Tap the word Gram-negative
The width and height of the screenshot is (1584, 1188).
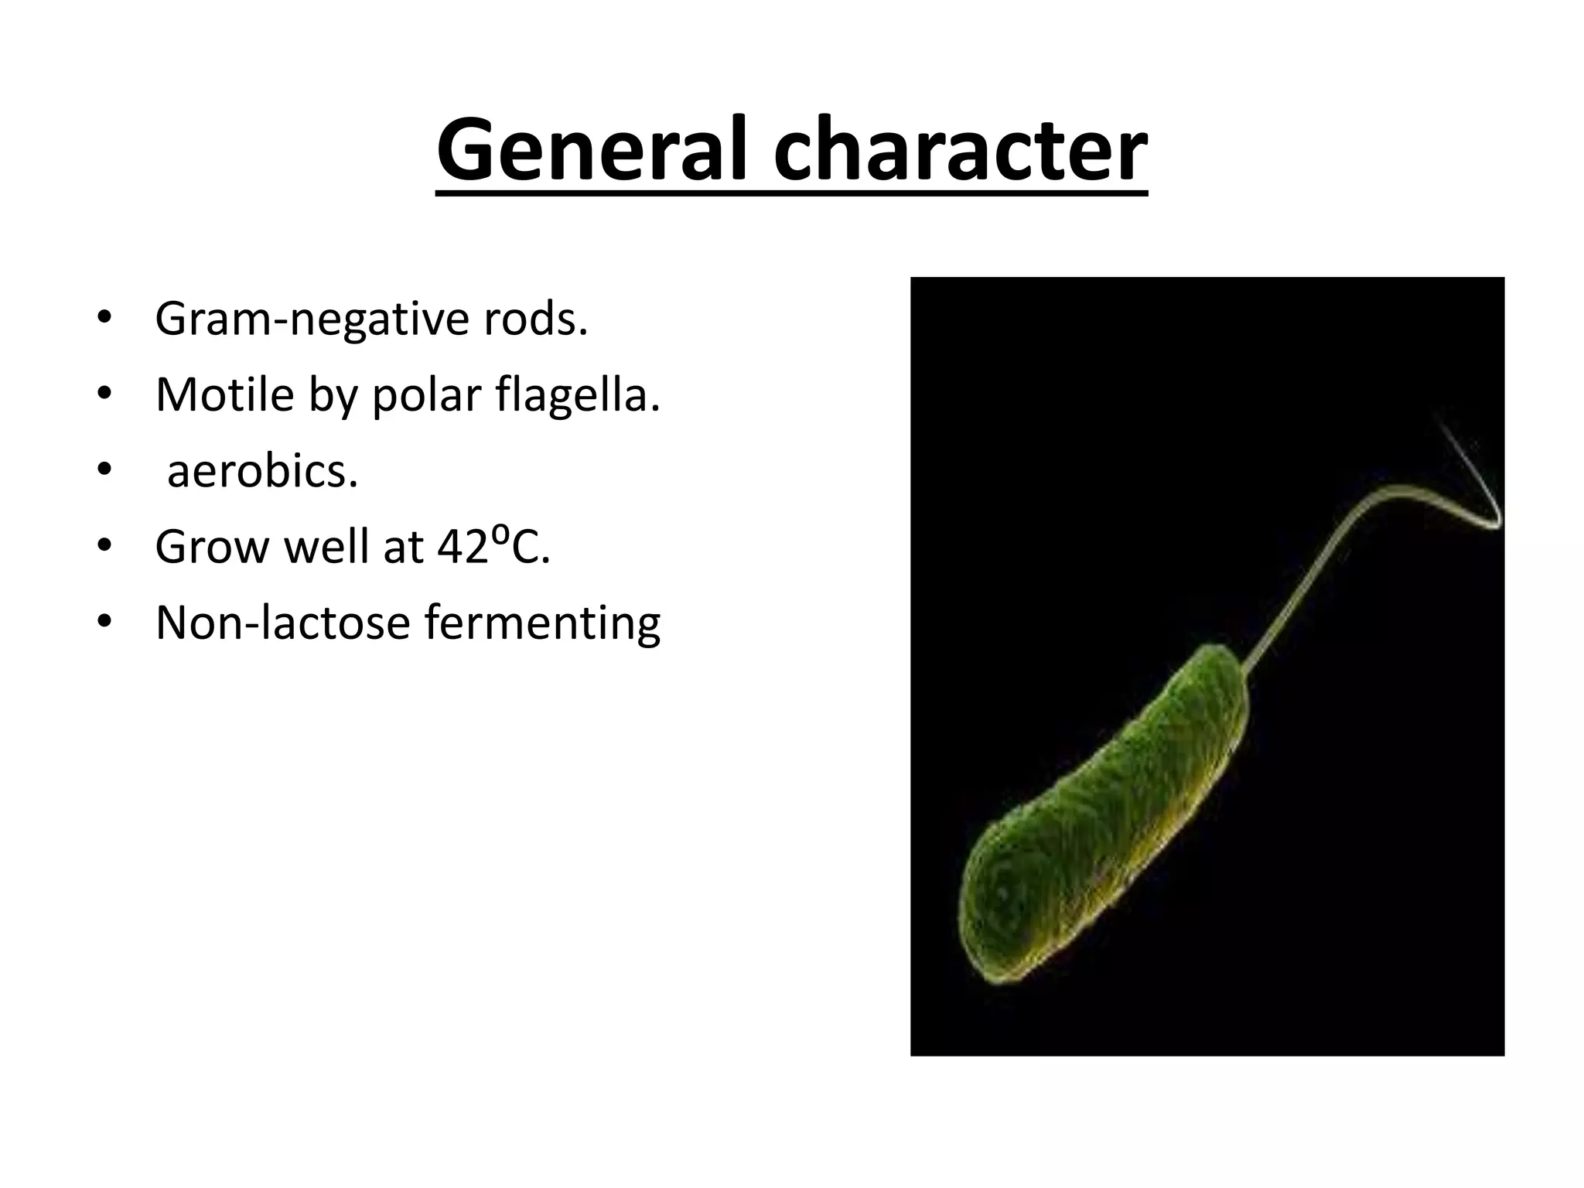pos(312,319)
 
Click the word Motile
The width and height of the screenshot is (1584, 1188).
pos(224,395)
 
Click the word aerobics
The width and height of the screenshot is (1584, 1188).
pos(262,471)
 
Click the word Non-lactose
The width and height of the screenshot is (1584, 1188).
pos(282,623)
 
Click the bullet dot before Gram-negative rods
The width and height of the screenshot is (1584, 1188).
pos(104,319)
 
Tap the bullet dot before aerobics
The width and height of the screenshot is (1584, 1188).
pos(104,471)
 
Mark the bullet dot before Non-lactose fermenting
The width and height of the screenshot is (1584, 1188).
pos(104,623)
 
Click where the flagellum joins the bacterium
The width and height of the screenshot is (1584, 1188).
pos(1243,667)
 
